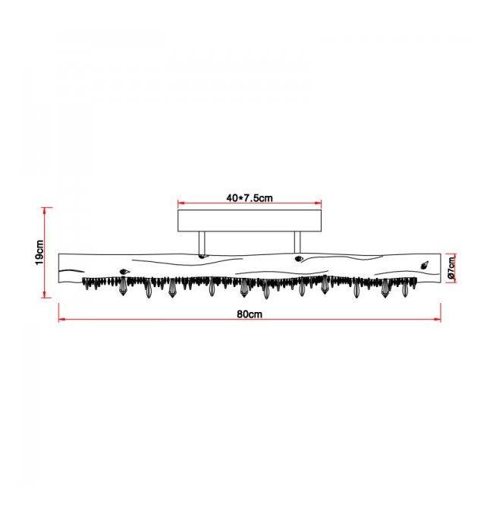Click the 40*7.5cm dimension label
[x=250, y=198]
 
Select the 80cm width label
[x=250, y=314]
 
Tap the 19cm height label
[x=39, y=252]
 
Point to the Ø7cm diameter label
[x=451, y=268]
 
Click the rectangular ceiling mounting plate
[x=250, y=221]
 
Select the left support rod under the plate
[x=202, y=243]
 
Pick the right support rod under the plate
[x=297, y=243]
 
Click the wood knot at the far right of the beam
[x=425, y=265]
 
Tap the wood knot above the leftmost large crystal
[x=124, y=271]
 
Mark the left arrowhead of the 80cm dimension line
[x=61, y=319]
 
